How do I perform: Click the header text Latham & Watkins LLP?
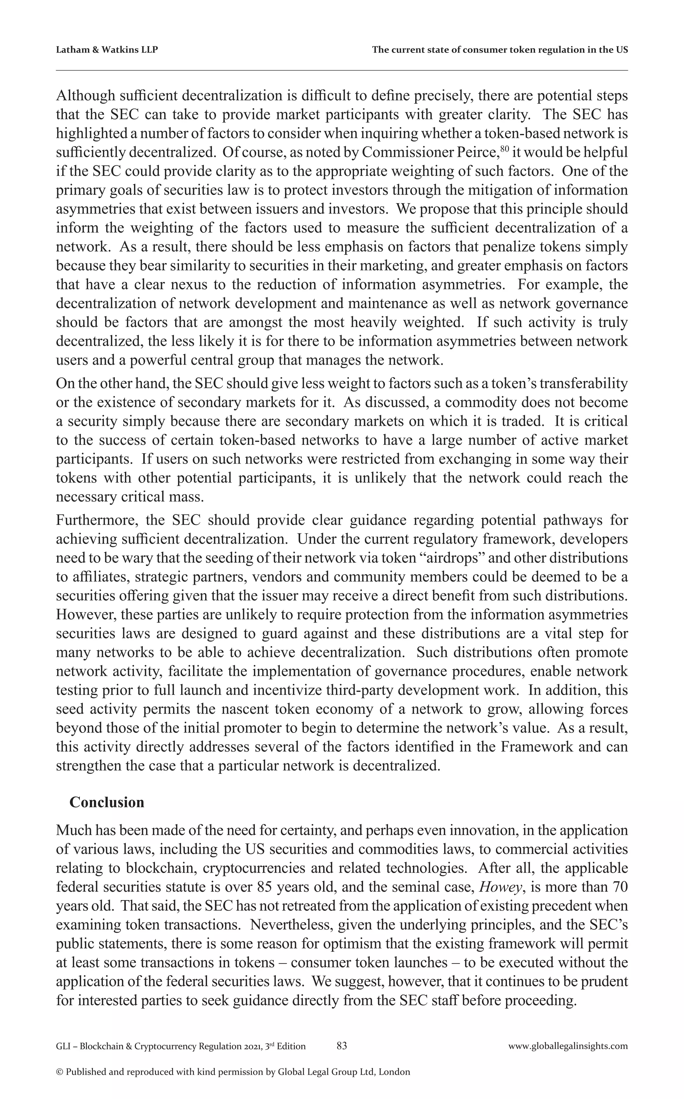point(107,50)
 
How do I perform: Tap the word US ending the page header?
point(622,50)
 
